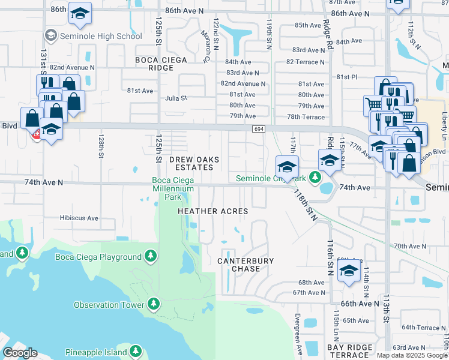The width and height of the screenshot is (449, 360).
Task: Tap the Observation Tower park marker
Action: tap(154, 304)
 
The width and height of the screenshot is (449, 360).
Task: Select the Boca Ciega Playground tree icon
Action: tap(151, 257)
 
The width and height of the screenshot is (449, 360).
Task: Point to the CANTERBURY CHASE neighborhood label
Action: tap(246, 265)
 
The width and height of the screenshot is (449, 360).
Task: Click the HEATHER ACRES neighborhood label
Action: tap(212, 211)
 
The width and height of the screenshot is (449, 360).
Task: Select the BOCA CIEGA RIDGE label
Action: tap(161, 64)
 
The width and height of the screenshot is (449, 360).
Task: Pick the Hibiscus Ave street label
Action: tap(79, 218)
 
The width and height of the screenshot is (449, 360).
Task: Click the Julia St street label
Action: tap(176, 98)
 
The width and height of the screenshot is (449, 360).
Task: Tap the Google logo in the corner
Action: tap(19, 353)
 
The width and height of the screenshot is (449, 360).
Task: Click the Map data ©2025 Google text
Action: tap(412, 355)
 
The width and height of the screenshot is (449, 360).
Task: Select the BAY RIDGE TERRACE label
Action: tap(352, 352)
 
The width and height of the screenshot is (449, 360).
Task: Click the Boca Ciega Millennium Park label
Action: tap(173, 188)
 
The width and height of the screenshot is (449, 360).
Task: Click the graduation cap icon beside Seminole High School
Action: tap(51, 36)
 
